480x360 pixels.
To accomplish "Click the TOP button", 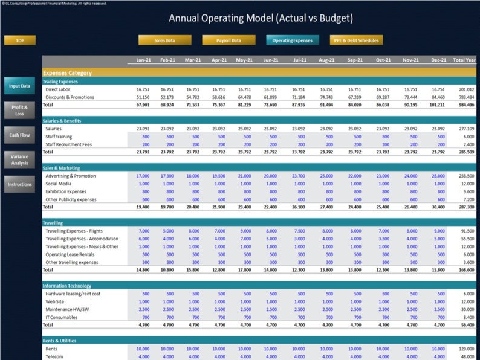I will point(20,40).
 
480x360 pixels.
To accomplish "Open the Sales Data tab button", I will point(164,40).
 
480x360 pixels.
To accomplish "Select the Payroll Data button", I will point(228,40).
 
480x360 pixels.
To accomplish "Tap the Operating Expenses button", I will point(292,40).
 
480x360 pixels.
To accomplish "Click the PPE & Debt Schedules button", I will point(355,40).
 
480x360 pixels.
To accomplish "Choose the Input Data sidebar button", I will point(19,86).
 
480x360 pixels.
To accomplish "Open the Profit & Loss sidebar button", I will point(19,110).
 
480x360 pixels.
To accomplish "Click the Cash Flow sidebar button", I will point(19,135).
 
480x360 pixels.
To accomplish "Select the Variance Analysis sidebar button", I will point(19,159).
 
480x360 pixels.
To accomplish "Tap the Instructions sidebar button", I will point(19,184).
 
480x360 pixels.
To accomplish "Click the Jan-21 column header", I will point(143,60).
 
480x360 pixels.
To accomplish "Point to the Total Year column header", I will point(464,60).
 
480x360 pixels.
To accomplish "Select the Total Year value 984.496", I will point(466,104).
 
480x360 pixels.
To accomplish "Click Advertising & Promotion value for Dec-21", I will point(438,176).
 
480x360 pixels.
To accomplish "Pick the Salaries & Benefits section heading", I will point(62,121).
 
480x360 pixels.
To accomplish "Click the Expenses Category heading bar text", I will point(68,72).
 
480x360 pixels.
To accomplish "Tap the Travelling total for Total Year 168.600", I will point(466,270).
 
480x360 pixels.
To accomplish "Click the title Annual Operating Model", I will point(261,18).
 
